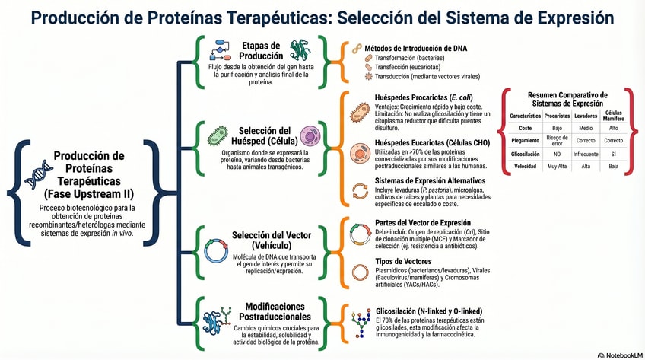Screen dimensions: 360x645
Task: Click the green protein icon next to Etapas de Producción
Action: click(297, 50)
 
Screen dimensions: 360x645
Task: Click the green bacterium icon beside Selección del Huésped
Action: click(218, 136)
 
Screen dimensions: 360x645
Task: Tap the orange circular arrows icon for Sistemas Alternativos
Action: click(358, 191)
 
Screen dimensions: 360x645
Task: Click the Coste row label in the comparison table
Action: click(526, 128)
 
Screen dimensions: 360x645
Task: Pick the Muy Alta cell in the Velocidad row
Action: click(557, 166)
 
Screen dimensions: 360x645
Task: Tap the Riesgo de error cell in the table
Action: click(557, 140)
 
